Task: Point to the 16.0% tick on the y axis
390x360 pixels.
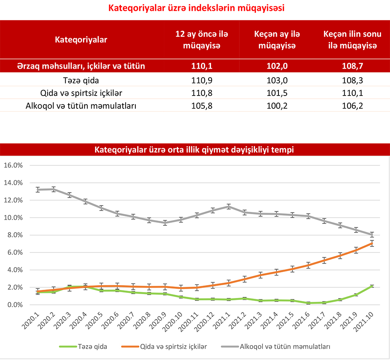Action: (13, 165)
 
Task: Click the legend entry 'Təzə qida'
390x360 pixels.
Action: (92, 346)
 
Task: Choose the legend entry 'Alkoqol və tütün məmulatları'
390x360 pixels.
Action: (286, 346)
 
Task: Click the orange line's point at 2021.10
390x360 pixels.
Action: (372, 243)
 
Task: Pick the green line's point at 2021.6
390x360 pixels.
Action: (308, 303)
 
